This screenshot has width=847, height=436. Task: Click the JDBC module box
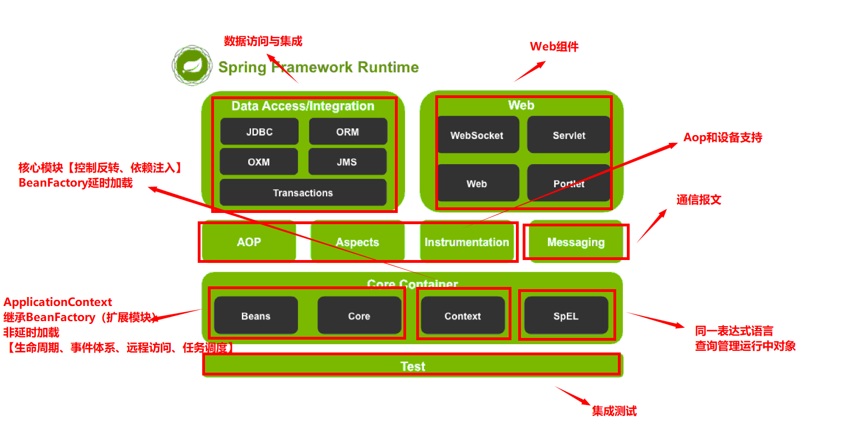tap(259, 131)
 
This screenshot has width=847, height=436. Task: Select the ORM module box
tap(348, 131)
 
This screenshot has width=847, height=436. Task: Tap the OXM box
tap(259, 161)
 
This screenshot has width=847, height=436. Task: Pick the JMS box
tap(347, 161)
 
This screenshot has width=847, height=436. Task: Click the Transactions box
tap(303, 192)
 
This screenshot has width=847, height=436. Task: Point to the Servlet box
tap(569, 134)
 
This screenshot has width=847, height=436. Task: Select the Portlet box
tap(569, 183)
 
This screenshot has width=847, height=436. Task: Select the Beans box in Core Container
tap(256, 316)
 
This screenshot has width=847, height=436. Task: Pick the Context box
tap(463, 316)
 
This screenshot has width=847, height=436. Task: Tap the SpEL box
tap(566, 316)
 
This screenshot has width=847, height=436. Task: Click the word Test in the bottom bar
tap(413, 366)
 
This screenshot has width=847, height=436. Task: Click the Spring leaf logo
tap(192, 66)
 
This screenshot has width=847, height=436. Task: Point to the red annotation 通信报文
tap(699, 200)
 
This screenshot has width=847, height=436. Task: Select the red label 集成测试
tap(615, 411)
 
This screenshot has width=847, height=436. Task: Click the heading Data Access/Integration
tap(303, 106)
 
